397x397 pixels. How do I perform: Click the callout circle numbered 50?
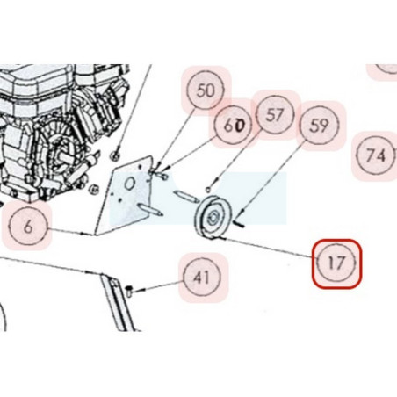(x=206, y=90)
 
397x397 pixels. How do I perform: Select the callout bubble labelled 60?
(x=233, y=125)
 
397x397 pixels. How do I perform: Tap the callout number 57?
(x=275, y=115)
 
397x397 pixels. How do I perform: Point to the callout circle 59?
(x=320, y=126)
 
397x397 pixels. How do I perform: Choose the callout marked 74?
(x=375, y=155)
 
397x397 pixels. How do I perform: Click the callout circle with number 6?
(x=28, y=226)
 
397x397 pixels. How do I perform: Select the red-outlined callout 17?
(x=336, y=263)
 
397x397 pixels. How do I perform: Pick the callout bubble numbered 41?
(x=202, y=277)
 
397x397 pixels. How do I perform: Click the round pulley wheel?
(x=213, y=217)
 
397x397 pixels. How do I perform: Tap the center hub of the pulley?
(x=212, y=218)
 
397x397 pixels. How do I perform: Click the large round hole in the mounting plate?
(x=129, y=184)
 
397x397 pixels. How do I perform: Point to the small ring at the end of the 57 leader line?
(x=208, y=191)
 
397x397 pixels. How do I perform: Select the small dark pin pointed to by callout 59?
(x=238, y=224)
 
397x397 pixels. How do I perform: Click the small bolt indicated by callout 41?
(x=129, y=292)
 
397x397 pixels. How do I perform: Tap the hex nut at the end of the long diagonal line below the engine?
(x=115, y=156)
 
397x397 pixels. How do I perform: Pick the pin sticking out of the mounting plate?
(x=151, y=210)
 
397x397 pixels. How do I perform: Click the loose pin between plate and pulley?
(x=186, y=196)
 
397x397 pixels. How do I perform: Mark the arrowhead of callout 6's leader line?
(x=84, y=234)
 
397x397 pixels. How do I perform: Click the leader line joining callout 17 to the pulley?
(x=268, y=248)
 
